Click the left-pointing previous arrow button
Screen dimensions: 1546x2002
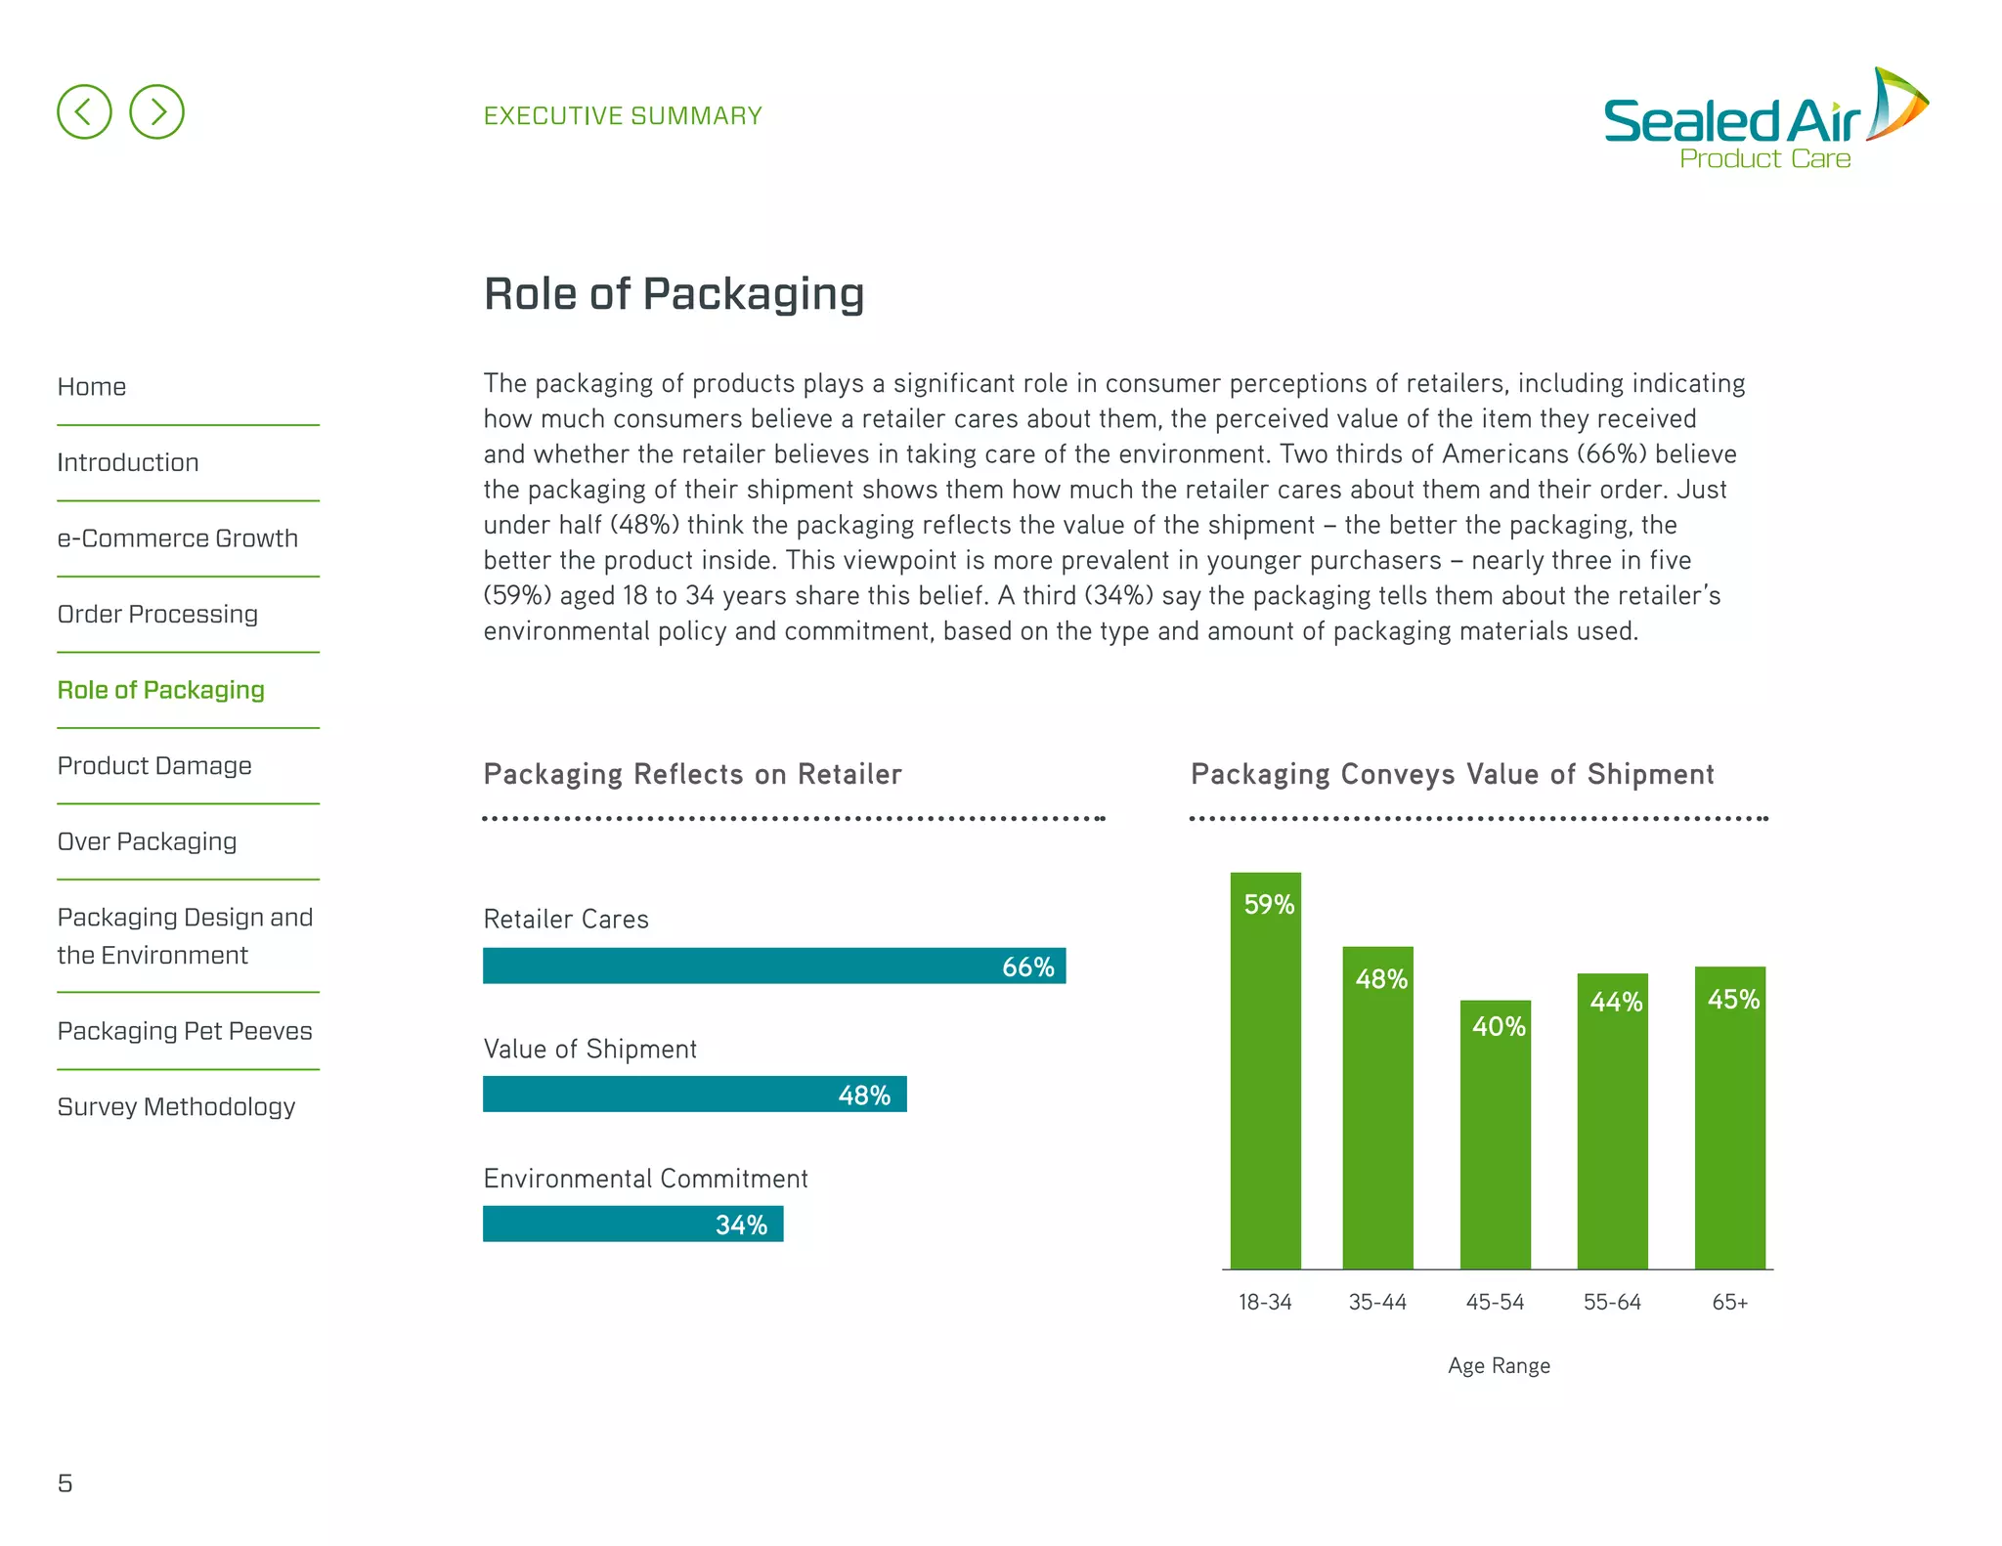(x=84, y=111)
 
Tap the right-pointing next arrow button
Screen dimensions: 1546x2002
(x=156, y=111)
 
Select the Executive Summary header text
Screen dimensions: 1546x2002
(x=623, y=116)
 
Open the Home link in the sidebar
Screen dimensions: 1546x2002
(x=92, y=387)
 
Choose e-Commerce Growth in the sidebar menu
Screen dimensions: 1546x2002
(x=177, y=538)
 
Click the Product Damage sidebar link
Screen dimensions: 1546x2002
(x=154, y=766)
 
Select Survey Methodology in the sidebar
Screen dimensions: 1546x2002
(x=176, y=1107)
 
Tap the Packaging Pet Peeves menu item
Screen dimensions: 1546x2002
(x=185, y=1031)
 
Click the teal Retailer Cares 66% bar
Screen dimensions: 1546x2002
(x=773, y=966)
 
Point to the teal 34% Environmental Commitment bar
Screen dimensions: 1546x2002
(x=632, y=1224)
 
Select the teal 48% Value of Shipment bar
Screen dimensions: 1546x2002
(x=694, y=1095)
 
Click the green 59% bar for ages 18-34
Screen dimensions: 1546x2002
(x=1265, y=1075)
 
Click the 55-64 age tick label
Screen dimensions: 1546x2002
(x=1612, y=1302)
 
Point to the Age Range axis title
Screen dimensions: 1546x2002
(x=1499, y=1365)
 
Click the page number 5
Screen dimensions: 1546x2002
(x=65, y=1483)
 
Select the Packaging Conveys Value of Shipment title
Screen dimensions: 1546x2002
(x=1452, y=774)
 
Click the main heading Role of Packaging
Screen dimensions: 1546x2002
(x=674, y=293)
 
